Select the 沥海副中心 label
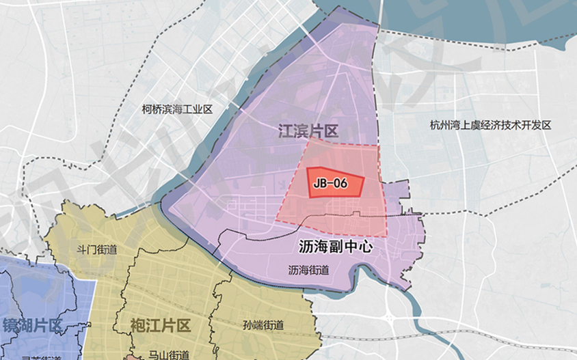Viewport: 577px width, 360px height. [x=336, y=247]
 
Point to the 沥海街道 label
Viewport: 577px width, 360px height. [x=308, y=270]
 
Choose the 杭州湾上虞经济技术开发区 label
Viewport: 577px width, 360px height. [x=490, y=125]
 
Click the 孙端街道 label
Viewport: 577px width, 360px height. [x=263, y=325]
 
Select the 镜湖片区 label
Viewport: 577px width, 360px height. [x=33, y=324]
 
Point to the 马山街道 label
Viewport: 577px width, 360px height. [x=169, y=355]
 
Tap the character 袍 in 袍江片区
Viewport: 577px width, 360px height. [x=139, y=324]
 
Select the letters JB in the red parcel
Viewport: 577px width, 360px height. [x=319, y=183]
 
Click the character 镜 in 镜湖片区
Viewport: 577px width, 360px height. [x=11, y=324]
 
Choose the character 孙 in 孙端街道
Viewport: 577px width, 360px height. [x=247, y=325]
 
